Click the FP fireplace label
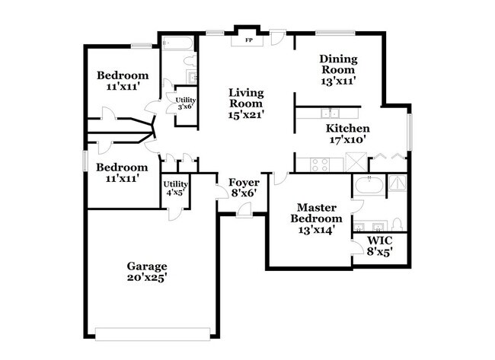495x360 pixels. point(248,40)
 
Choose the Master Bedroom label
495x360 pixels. point(318,212)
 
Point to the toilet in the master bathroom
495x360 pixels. point(397,225)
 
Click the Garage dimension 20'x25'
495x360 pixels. point(147,278)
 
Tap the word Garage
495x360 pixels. point(147,266)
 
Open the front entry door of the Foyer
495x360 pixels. point(243,211)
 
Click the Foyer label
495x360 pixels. point(244,183)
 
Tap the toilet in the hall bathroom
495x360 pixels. point(190,61)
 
